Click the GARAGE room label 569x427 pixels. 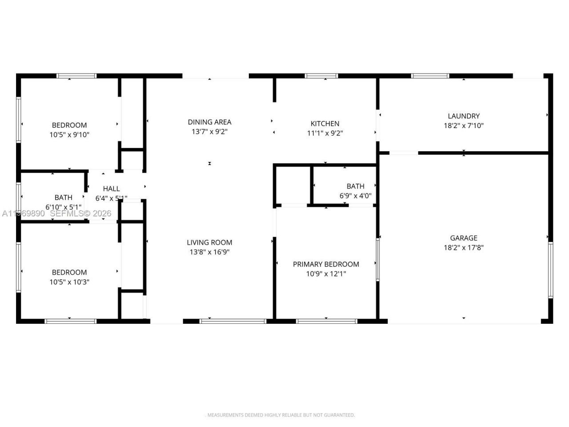463,238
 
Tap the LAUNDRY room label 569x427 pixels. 463,116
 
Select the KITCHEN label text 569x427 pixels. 325,124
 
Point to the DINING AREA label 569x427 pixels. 209,122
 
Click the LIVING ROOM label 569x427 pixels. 209,242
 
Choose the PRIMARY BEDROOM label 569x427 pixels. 326,264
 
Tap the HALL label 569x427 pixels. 111,189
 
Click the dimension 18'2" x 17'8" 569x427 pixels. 463,248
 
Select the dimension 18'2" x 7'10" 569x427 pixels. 463,126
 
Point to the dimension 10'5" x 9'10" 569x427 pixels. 69,135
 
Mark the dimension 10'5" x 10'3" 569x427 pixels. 69,282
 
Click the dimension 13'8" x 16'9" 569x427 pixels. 209,252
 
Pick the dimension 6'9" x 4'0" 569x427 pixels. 355,195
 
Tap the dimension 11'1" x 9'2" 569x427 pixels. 325,133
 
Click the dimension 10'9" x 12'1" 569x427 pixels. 326,274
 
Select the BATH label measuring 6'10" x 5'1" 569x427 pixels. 63,197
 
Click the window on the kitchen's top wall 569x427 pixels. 321,76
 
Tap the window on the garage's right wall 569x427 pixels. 550,269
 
